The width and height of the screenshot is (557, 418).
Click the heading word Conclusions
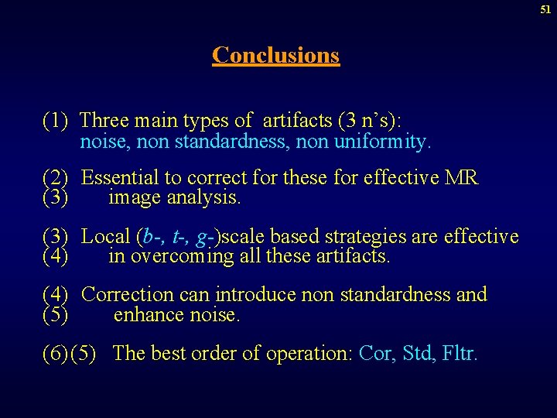(275, 55)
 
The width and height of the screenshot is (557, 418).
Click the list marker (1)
(56, 121)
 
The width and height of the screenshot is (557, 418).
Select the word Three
(104, 121)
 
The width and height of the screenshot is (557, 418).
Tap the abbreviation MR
(462, 178)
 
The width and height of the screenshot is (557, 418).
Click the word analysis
(210, 198)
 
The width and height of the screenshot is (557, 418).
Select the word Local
(106, 236)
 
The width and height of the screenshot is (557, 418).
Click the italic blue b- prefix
(151, 236)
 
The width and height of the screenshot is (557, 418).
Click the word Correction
(127, 294)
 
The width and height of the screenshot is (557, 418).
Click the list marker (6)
(56, 354)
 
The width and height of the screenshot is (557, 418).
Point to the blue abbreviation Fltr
(461, 354)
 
